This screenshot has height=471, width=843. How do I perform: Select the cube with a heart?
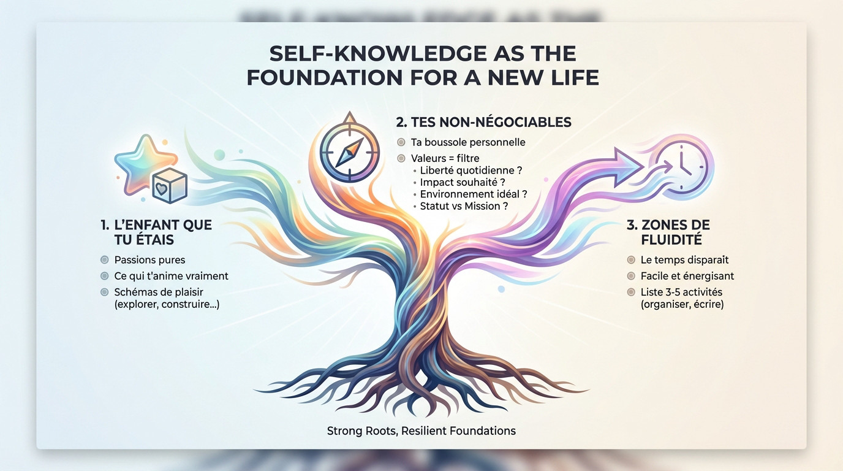click(x=170, y=186)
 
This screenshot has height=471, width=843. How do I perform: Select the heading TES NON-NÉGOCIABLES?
click(x=483, y=122)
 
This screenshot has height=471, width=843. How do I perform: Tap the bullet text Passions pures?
click(x=149, y=260)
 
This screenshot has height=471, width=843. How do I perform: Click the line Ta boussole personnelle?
click(x=468, y=142)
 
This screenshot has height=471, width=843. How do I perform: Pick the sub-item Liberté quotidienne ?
click(x=471, y=170)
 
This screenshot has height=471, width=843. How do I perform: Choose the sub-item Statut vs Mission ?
click(x=464, y=206)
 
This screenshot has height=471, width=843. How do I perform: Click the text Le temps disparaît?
click(x=684, y=260)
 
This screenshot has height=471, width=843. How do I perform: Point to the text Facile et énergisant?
click(x=687, y=276)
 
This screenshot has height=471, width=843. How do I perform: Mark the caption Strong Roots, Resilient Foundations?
click(x=421, y=431)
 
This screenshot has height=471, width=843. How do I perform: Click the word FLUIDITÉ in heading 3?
click(x=671, y=240)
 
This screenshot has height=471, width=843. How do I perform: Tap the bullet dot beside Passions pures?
click(x=105, y=260)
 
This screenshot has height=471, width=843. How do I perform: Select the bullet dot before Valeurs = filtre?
click(x=401, y=158)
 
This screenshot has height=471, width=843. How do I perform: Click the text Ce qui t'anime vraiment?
click(x=172, y=276)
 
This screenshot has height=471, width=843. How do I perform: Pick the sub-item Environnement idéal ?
click(x=474, y=194)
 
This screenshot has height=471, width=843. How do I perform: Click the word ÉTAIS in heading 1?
click(x=144, y=240)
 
